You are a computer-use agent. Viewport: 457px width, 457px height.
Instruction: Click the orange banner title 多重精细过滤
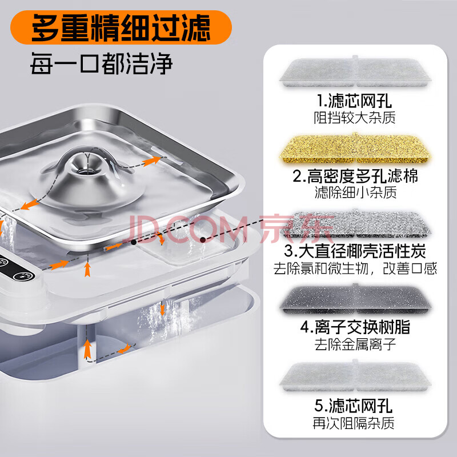tap(121, 27)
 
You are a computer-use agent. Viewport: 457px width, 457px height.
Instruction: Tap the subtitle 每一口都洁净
tap(101, 63)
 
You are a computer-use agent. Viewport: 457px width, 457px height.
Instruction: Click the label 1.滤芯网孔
tap(354, 101)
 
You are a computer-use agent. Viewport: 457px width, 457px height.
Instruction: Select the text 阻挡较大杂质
tap(354, 118)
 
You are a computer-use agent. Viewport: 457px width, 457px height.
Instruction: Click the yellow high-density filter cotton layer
tap(355, 149)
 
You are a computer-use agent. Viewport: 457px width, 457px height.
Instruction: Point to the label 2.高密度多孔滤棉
tap(355, 176)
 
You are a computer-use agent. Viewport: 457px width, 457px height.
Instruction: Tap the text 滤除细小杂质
tap(355, 193)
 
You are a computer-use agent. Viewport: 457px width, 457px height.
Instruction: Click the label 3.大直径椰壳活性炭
tap(355, 251)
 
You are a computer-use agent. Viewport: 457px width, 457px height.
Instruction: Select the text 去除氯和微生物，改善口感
tap(355, 268)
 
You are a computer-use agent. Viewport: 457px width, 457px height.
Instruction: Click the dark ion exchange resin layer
tap(355, 300)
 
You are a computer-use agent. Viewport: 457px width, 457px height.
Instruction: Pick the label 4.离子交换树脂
tap(355, 327)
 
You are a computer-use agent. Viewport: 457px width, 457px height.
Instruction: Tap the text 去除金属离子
tap(355, 344)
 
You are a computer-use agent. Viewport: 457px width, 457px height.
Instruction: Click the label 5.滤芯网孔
tap(354, 406)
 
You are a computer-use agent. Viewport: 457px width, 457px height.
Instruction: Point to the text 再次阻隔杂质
tap(354, 423)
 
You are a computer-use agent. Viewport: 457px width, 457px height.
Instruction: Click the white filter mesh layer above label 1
tap(355, 72)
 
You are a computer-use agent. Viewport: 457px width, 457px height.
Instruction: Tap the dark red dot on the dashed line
tap(203, 240)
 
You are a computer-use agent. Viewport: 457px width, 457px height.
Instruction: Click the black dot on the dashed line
tap(134, 242)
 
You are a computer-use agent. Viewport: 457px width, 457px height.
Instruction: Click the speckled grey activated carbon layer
tap(355, 224)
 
